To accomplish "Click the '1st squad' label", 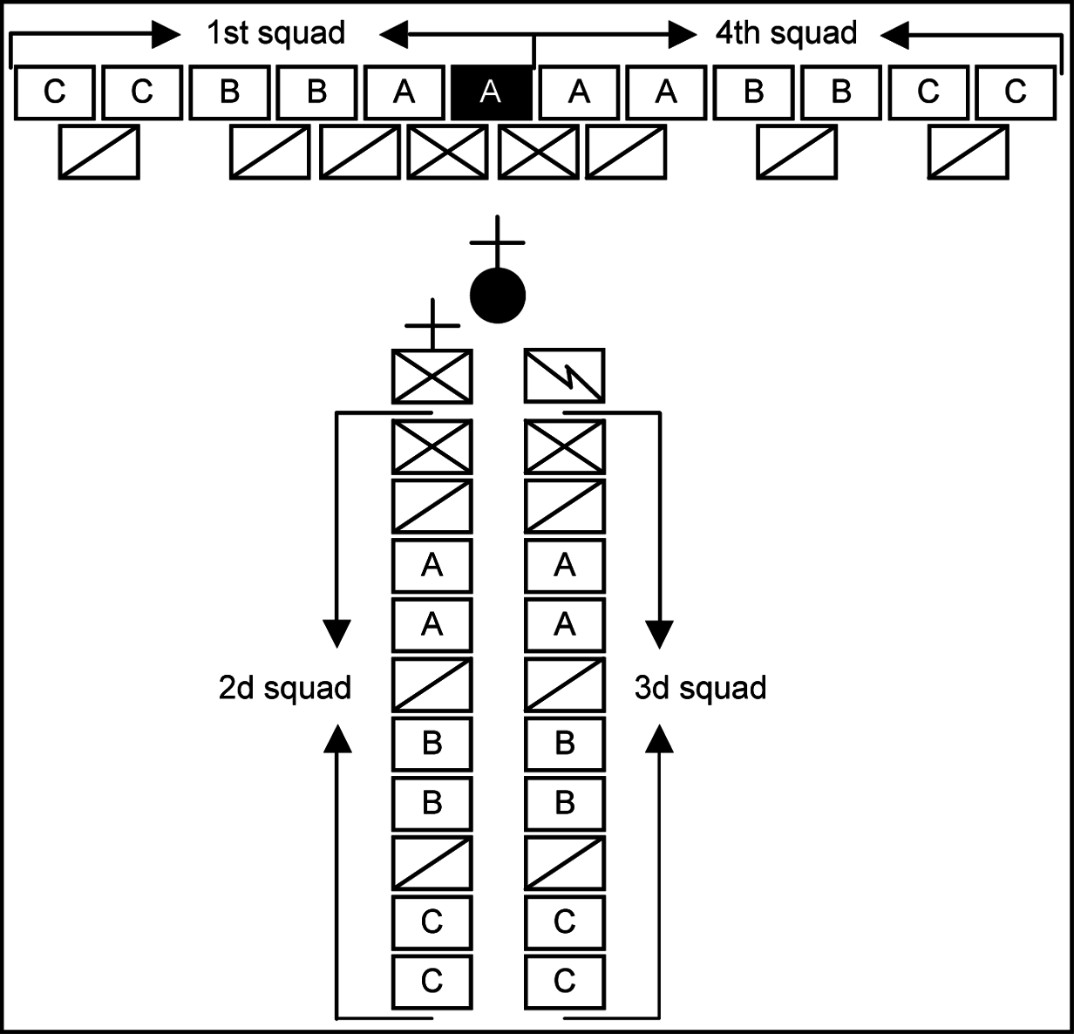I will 275,33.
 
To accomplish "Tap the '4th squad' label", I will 785,33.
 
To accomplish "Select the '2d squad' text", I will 284,688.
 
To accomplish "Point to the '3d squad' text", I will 700,688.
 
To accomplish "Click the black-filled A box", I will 491,92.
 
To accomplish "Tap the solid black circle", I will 498,296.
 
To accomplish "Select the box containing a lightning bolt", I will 564,376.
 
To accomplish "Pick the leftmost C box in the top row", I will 55,92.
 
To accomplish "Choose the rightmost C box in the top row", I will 1016,92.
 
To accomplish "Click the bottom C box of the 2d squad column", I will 432,982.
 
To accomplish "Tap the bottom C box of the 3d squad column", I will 564,982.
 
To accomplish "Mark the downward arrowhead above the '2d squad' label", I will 336,634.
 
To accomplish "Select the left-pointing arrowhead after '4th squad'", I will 895,35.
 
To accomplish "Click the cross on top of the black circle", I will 497,241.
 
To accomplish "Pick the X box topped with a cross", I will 432,376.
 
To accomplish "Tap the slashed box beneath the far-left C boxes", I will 99,153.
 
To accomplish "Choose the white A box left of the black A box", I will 404,92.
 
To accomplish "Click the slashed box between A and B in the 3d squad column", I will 564,684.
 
